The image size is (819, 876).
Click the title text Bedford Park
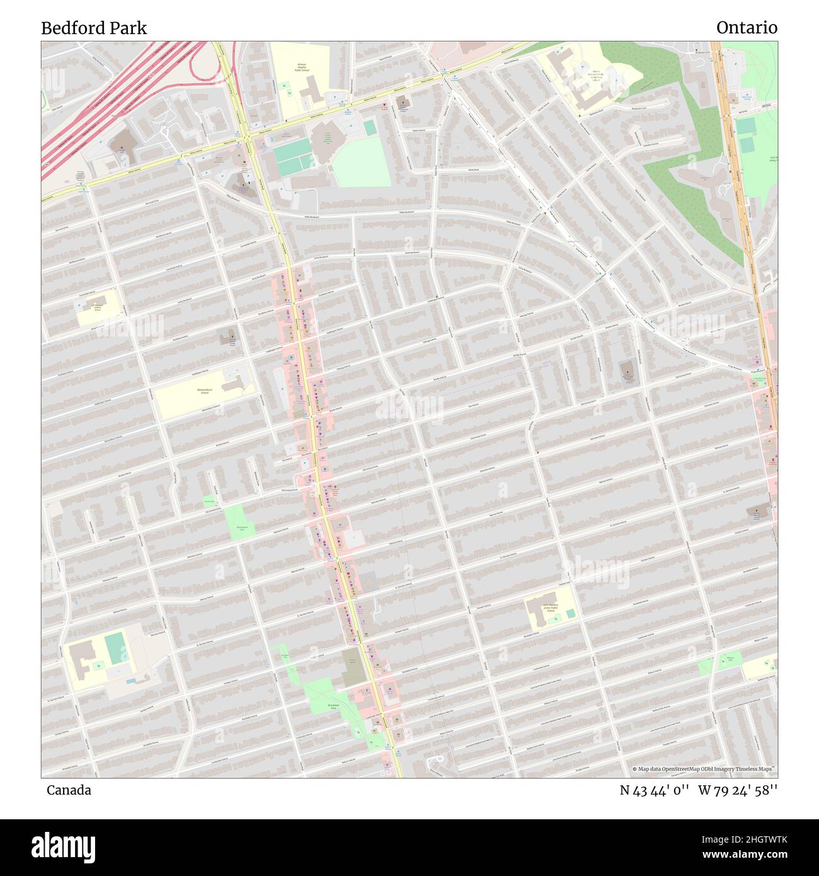click(x=94, y=28)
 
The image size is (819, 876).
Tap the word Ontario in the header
click(x=747, y=28)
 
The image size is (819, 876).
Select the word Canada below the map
click(x=69, y=790)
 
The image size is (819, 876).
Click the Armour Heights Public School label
click(x=304, y=67)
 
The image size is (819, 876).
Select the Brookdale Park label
click(x=334, y=706)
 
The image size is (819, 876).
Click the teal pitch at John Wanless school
click(x=570, y=613)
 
